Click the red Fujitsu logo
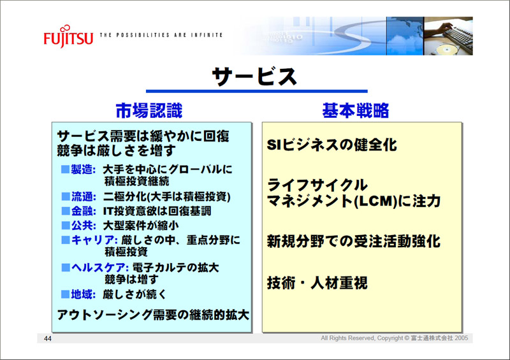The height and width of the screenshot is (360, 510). coord(68,36)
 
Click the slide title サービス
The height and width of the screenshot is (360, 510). coord(254,76)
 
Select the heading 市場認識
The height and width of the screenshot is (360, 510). coord(149,111)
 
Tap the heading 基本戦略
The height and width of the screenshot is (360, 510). coord(356,111)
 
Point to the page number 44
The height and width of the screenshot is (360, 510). coord(47,338)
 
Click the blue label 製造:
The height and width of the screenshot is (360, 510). coord(84,169)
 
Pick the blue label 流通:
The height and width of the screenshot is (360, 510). coord(84,196)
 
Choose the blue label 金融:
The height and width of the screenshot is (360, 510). coord(84,211)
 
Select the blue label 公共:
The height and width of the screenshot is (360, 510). coord(84,225)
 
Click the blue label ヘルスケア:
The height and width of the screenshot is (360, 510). coord(100,268)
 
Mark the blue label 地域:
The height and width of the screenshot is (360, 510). coord(84,294)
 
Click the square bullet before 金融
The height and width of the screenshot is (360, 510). coord(66,211)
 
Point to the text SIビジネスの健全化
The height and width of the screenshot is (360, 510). coord(331,145)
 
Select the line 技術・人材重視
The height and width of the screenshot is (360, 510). coord(317,283)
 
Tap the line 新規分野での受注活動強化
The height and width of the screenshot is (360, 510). coord(354,241)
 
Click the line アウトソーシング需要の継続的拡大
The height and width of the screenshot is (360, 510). coord(153,315)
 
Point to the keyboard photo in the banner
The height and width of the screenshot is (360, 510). coord(448,36)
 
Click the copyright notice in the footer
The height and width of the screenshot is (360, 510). coord(395,338)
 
